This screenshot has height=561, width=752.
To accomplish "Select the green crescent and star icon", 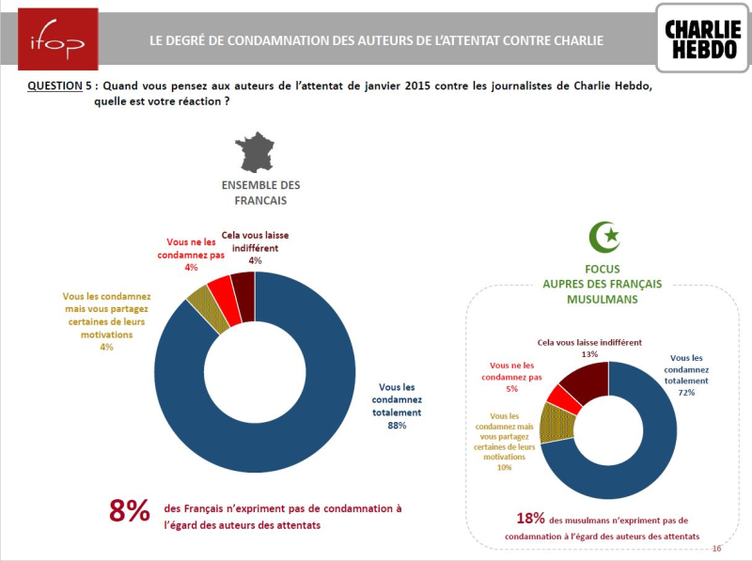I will pyautogui.click(x=604, y=236).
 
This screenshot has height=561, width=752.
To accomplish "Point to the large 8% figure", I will pyautogui.click(x=130, y=510).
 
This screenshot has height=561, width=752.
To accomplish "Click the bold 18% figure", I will pyautogui.click(x=531, y=520).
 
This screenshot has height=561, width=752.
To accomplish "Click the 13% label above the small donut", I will pyautogui.click(x=589, y=354).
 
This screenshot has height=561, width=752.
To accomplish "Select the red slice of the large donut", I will pyautogui.click(x=220, y=286).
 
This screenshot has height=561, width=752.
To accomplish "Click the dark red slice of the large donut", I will pyautogui.click(x=243, y=281).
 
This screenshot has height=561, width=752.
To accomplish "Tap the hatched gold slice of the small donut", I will pyautogui.click(x=551, y=422).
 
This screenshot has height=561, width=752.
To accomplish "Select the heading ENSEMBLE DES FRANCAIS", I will pyautogui.click(x=260, y=193).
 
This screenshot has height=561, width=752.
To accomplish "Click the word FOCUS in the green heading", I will pyautogui.click(x=601, y=269).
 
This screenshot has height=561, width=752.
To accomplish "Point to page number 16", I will pyautogui.click(x=716, y=549).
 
